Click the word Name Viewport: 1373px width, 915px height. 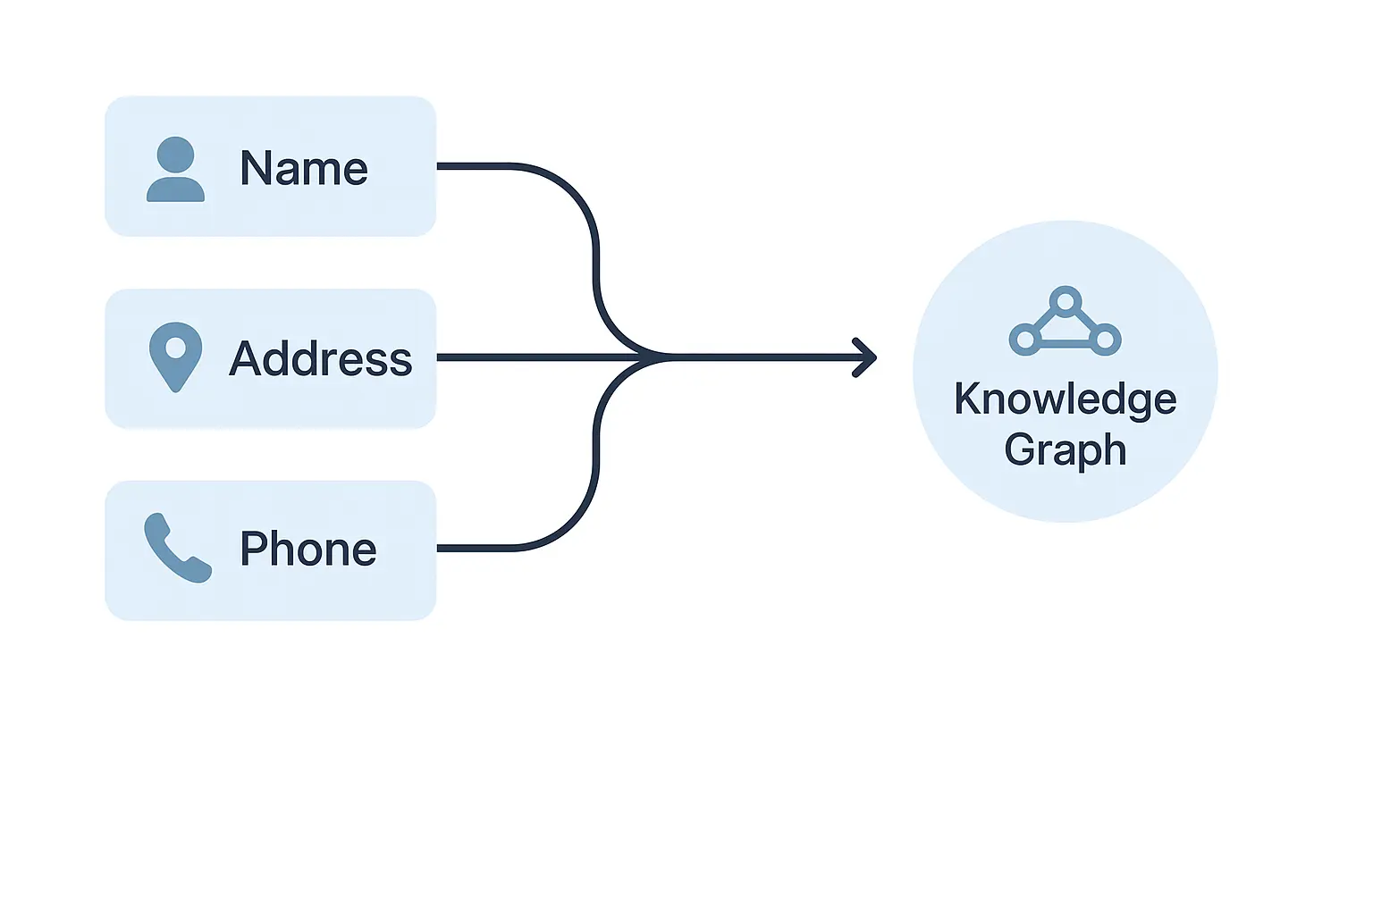[304, 168]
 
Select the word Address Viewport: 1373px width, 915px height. [320, 359]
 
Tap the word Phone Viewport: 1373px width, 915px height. [308, 549]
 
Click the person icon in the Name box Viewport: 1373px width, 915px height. [175, 169]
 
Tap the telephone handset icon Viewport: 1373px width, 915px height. [177, 548]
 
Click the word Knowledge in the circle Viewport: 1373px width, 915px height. [1065, 399]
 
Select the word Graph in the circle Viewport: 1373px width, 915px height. [1065, 449]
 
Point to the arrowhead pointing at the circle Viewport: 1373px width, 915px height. [866, 357]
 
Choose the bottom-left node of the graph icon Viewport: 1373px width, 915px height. [1025, 340]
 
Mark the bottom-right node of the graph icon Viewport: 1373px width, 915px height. [1105, 340]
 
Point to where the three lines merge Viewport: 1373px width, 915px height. [661, 357]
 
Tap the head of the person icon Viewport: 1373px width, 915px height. [175, 154]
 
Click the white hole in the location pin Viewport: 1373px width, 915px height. [175, 347]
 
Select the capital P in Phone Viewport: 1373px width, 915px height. [254, 549]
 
